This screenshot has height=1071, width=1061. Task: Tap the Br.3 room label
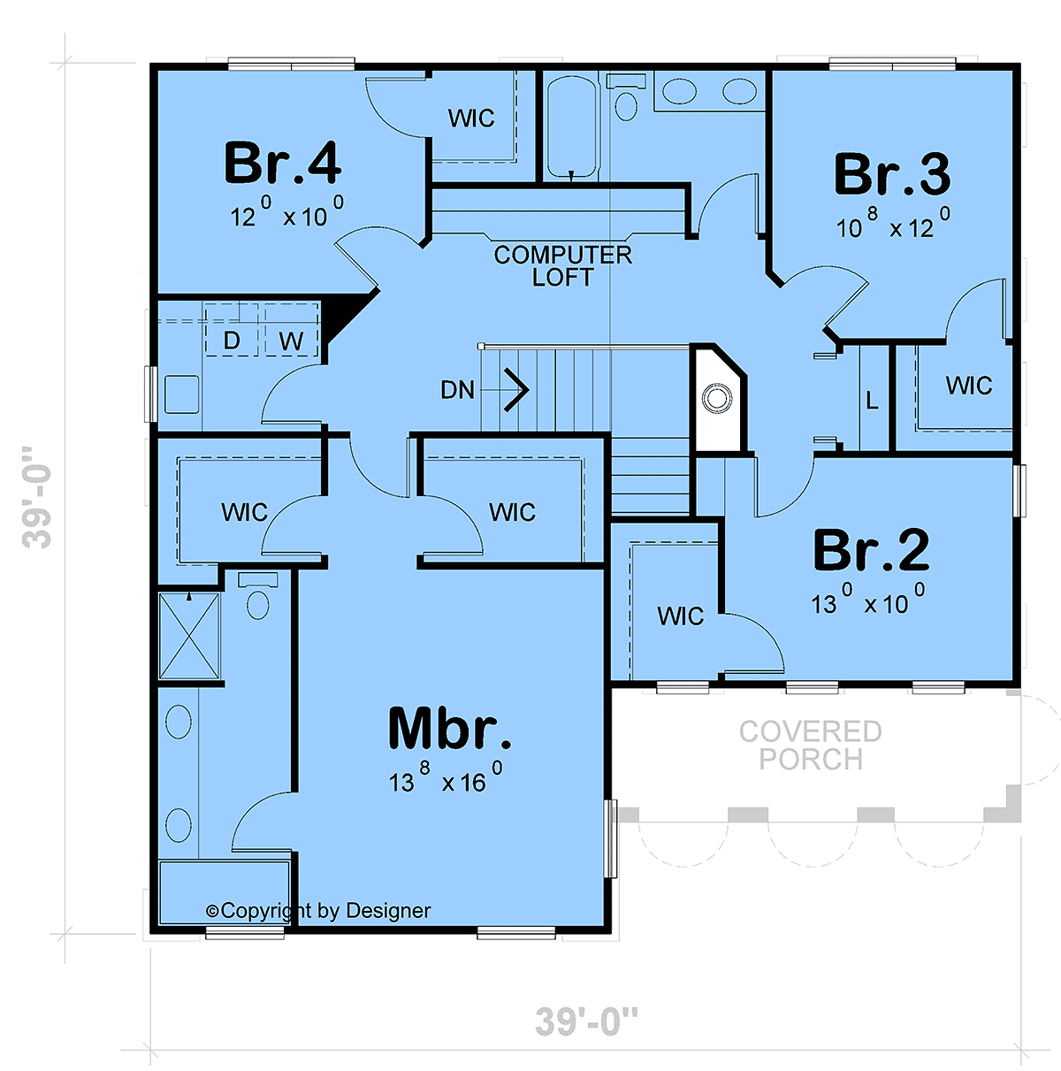tap(892, 174)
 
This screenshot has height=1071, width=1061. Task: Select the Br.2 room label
tap(871, 550)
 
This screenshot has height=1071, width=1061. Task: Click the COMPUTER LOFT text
tap(562, 265)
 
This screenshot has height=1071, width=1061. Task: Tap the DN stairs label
tap(457, 390)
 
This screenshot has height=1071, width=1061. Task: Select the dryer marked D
tap(232, 330)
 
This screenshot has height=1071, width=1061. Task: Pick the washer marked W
tap(291, 330)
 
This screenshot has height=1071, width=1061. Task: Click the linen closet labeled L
tap(872, 400)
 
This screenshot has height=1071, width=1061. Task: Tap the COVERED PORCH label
tap(811, 746)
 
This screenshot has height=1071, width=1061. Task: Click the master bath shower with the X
tap(189, 636)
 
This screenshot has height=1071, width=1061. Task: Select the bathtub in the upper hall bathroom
tap(572, 127)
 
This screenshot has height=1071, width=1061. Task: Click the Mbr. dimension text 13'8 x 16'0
tap(446, 777)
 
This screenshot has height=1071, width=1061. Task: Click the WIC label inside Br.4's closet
tap(471, 119)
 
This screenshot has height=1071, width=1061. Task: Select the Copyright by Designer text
tap(318, 910)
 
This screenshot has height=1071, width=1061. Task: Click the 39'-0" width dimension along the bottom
tap(586, 1021)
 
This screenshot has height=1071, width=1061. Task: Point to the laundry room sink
tap(182, 394)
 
